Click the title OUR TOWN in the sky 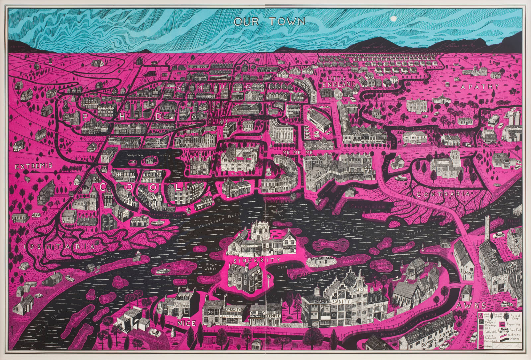269,22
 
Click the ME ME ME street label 293,152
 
